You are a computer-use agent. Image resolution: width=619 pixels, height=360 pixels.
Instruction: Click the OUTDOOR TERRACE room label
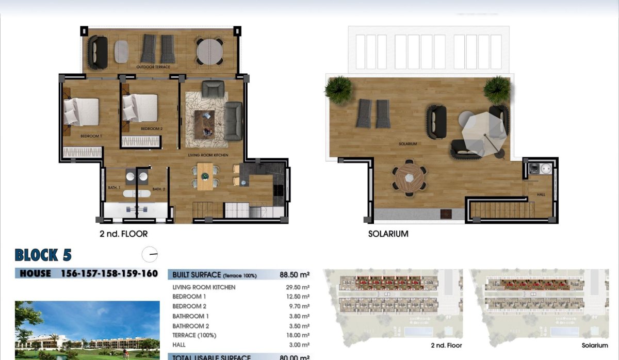153,67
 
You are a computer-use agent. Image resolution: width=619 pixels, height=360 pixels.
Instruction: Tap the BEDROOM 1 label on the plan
91,136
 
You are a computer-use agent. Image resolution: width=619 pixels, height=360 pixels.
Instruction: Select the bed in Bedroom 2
140,108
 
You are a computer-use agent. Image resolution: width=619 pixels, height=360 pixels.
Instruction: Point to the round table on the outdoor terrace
209,51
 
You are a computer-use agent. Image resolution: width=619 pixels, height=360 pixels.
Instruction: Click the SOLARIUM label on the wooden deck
408,144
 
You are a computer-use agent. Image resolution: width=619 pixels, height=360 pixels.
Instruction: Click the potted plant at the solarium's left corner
338,89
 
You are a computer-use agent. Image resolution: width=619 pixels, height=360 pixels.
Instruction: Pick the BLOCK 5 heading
43,255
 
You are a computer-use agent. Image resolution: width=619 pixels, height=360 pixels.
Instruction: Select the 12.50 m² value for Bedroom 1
299,297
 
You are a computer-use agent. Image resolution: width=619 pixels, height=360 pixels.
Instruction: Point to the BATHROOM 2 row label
191,326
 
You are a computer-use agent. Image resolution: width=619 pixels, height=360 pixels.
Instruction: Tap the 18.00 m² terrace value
299,335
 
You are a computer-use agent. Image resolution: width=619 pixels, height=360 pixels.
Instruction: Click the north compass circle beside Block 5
150,254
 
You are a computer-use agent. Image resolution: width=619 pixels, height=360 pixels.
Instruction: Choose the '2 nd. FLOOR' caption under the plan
123,234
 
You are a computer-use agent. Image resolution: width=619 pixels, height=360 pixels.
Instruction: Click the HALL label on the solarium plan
541,195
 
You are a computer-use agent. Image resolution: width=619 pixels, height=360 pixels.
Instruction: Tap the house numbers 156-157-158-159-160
109,274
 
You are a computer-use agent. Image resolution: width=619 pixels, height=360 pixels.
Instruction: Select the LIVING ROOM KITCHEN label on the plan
207,155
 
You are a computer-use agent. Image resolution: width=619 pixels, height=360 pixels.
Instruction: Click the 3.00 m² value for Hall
300,345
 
